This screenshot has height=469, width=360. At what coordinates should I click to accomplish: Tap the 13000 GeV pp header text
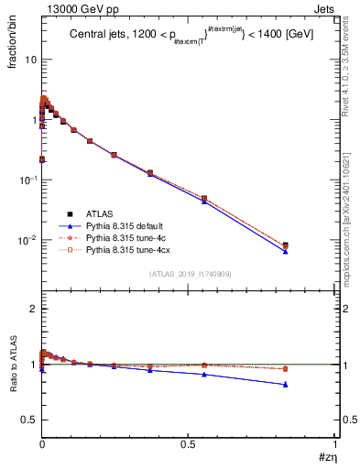click(x=77, y=9)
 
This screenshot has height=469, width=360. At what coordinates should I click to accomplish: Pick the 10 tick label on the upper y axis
click(x=29, y=60)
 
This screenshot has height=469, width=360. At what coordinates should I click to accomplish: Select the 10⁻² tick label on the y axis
click(x=27, y=241)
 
